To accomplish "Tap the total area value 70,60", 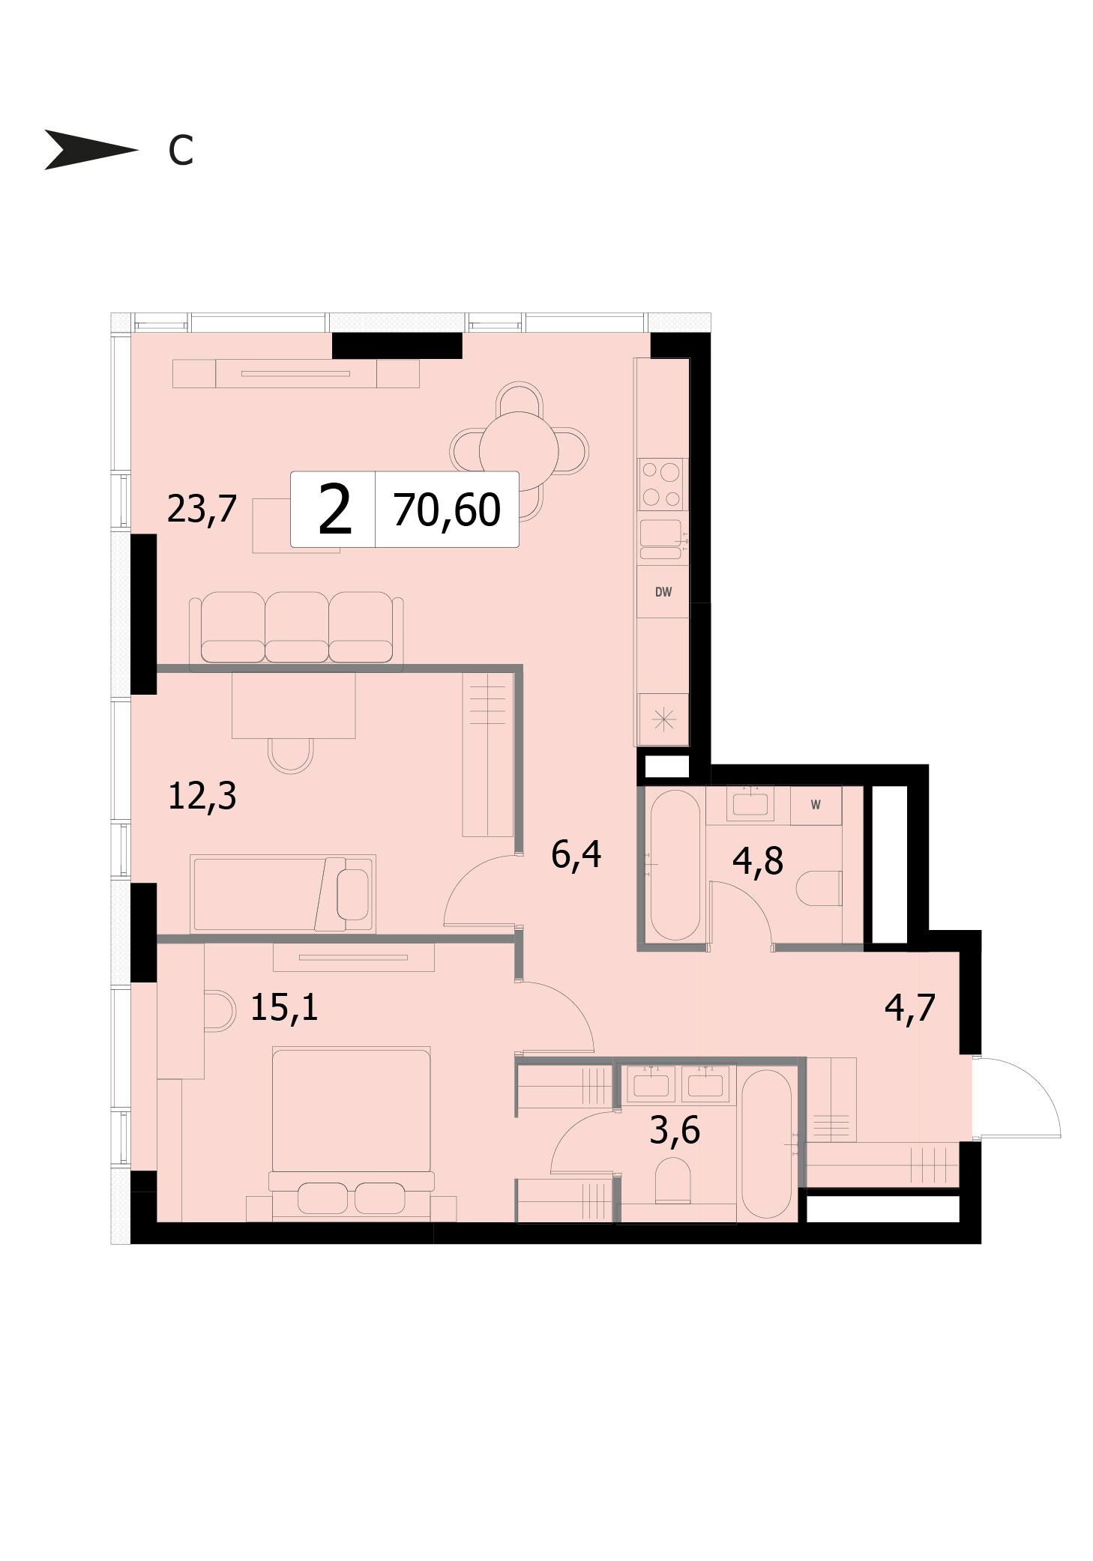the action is (x=447, y=510).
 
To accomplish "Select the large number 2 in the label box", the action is (x=334, y=510).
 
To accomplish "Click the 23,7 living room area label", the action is (x=202, y=509).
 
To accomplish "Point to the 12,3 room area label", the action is (x=202, y=796).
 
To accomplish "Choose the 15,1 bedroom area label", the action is (x=284, y=1007).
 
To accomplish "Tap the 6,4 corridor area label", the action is (x=576, y=854).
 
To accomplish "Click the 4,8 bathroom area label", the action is (x=758, y=860).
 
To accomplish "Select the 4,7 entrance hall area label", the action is (x=910, y=1008).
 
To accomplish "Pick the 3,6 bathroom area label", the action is (x=675, y=1130).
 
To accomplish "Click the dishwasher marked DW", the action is (x=663, y=591).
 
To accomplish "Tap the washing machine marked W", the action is (x=816, y=805).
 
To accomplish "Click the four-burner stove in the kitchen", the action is (x=661, y=484).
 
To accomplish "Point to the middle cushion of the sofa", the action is (x=297, y=628).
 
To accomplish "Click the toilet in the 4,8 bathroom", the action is (x=819, y=888).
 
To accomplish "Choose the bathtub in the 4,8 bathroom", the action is (x=675, y=865).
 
